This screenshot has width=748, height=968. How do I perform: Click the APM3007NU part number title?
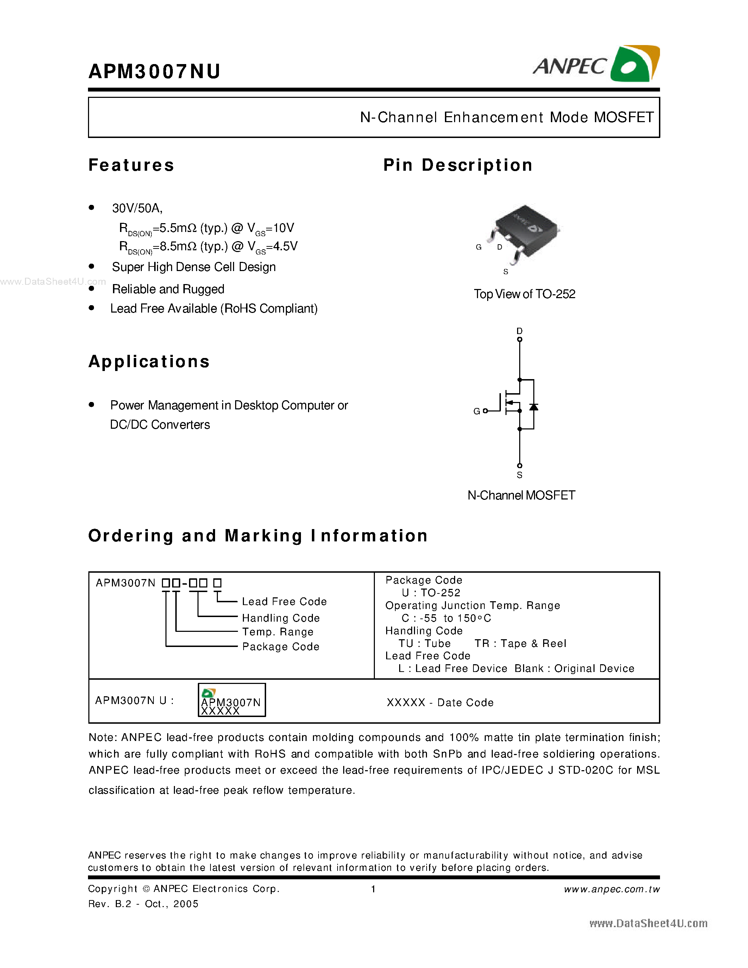[154, 71]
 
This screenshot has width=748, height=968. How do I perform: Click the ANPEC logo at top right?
[596, 65]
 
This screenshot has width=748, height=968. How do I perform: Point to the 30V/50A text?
[137, 208]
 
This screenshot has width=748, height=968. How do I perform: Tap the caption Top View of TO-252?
[524, 294]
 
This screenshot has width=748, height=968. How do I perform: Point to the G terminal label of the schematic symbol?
[476, 411]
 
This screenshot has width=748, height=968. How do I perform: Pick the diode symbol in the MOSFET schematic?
[534, 407]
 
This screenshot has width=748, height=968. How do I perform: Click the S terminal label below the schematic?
[519, 475]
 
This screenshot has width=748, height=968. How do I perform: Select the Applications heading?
[149, 362]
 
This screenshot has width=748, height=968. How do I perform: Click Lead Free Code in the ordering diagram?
[284, 602]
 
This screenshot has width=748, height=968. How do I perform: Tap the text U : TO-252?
[431, 593]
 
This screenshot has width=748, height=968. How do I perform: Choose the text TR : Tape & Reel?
[520, 643]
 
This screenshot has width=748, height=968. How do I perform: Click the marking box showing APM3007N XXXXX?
[231, 700]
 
